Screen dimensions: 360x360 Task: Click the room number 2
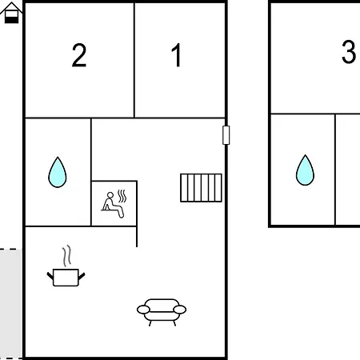[x=79, y=55]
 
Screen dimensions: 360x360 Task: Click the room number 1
[x=177, y=55]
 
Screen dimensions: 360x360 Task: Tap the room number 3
[x=349, y=51]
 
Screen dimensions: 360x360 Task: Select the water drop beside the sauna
[x=58, y=172]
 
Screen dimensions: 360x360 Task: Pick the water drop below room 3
[x=305, y=170]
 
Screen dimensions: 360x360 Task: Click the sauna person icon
[x=113, y=205]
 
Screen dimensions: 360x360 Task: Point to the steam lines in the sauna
[x=122, y=196]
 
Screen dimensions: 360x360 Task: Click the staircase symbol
[x=201, y=188]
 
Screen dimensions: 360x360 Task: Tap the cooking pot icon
[x=66, y=278]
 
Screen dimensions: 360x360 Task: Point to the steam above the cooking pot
[x=67, y=256]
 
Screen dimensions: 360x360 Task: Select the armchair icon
[x=162, y=312]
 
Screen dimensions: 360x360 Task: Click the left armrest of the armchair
[x=143, y=310]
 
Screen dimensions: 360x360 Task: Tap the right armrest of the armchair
[x=180, y=310]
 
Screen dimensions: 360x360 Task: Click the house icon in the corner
[x=11, y=13]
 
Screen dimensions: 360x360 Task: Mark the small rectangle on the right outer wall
[x=226, y=135]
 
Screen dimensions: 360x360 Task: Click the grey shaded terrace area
[x=11, y=304]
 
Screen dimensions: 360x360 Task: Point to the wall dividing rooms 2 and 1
[x=134, y=60]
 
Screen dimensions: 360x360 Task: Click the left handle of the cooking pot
[x=50, y=276]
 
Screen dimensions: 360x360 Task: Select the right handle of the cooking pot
[x=82, y=276]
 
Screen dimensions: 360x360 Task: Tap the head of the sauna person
[x=110, y=195]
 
